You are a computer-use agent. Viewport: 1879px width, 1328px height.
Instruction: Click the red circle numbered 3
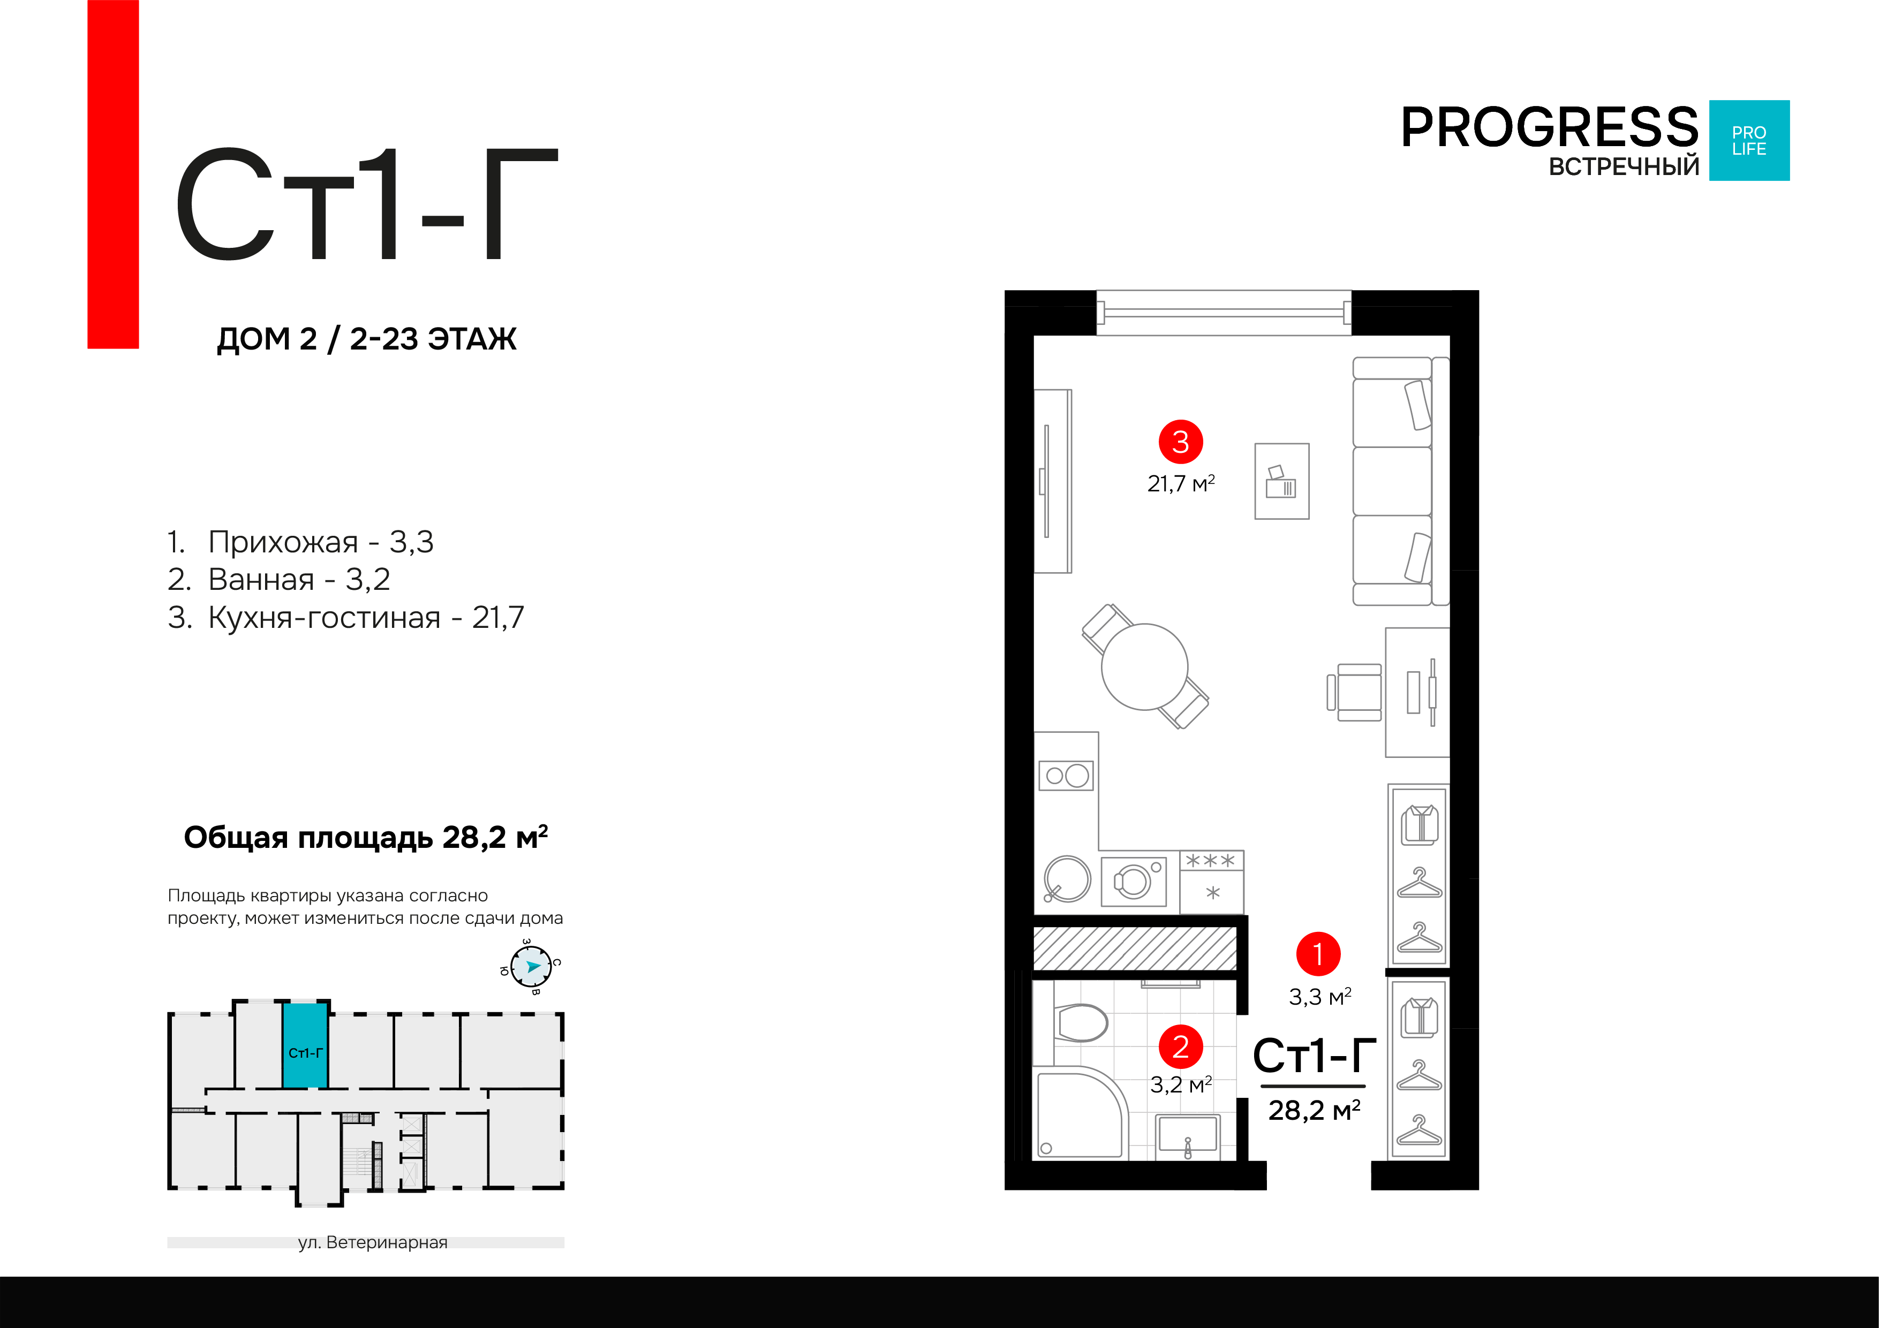(1180, 442)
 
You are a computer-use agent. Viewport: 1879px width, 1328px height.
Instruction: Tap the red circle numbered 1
(1318, 954)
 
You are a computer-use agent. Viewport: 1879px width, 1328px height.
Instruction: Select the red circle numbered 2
(1180, 1046)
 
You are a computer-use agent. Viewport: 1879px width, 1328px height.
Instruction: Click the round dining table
(1144, 667)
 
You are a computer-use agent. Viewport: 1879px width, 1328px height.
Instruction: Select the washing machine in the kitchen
(1134, 881)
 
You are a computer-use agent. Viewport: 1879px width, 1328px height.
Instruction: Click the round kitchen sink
(1067, 879)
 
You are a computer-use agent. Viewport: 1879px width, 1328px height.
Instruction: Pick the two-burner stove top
(1066, 775)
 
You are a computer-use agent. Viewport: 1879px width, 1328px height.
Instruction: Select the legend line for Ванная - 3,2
(278, 579)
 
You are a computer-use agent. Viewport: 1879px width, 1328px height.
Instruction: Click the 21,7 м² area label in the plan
(1180, 483)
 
